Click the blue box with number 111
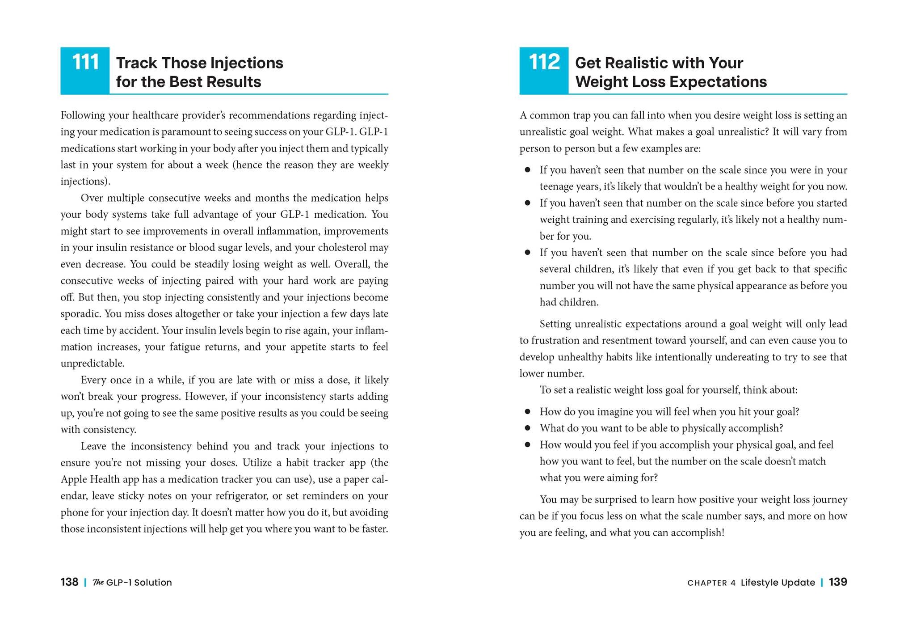85,70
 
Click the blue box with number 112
544,70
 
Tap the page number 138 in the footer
69,582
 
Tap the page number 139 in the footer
838,582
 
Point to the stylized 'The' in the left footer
98,582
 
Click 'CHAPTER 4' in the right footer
711,583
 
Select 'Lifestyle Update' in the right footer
778,582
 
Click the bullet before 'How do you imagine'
528,411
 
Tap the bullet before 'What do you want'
528,428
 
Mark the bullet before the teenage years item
528,170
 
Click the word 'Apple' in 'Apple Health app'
74,479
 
